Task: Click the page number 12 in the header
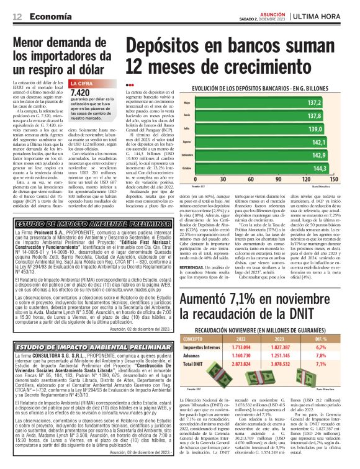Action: [17, 16]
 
